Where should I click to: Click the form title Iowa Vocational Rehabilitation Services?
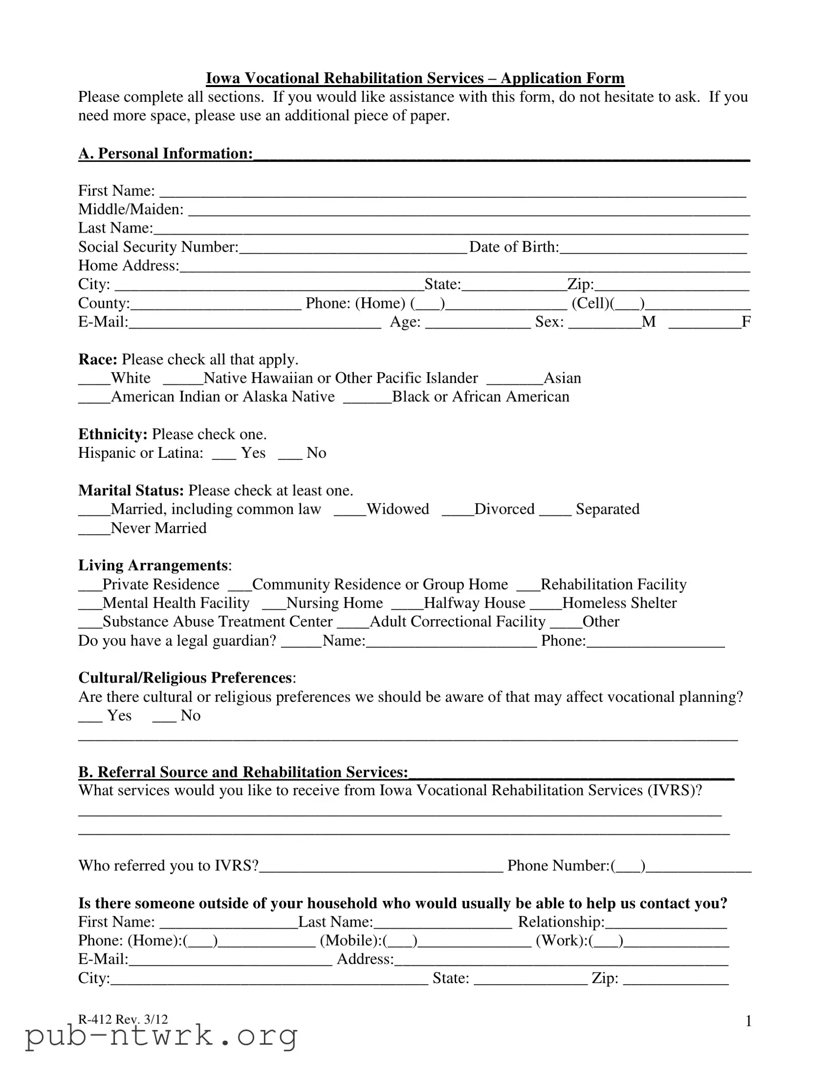click(415, 78)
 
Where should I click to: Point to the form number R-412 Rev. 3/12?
click(123, 1019)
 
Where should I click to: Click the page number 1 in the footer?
click(748, 1021)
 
